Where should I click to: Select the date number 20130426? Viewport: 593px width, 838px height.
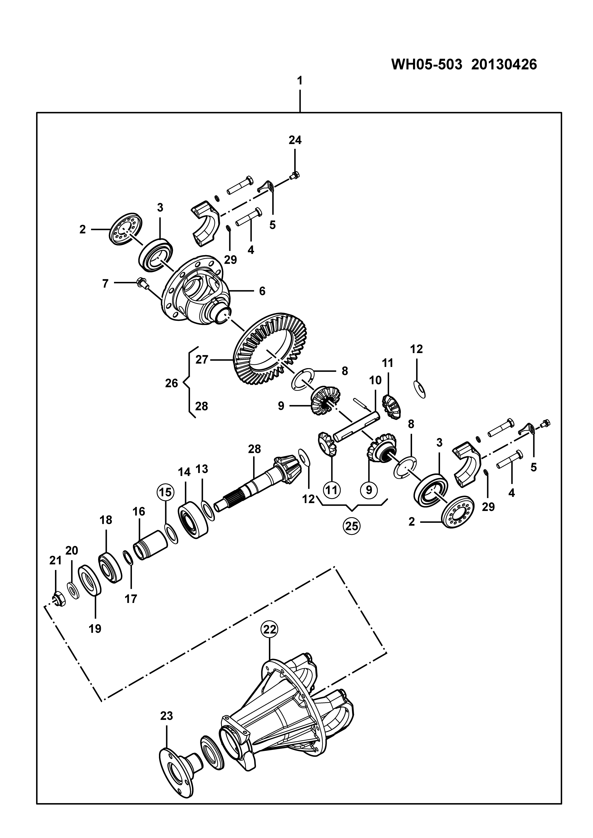point(504,64)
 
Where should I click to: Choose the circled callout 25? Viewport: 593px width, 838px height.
point(352,526)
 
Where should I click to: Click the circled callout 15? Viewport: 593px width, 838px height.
point(165,492)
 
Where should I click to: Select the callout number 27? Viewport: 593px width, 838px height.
point(201,360)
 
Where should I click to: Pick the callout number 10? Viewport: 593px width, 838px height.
point(375,380)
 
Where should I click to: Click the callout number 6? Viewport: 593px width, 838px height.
point(262,291)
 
